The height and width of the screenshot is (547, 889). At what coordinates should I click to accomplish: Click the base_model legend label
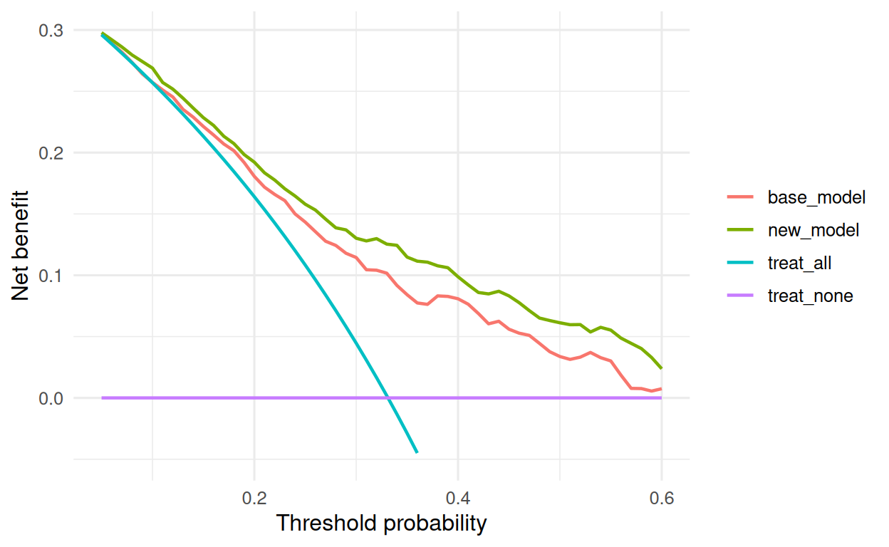[x=816, y=197]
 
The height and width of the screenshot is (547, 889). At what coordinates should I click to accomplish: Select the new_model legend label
[x=813, y=230]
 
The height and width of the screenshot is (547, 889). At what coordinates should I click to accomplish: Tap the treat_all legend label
[x=799, y=263]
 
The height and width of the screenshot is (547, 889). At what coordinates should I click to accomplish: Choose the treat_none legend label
[x=810, y=296]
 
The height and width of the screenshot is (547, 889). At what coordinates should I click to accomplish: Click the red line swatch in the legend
[x=740, y=197]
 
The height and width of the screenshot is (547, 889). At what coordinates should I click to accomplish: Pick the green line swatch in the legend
[x=740, y=230]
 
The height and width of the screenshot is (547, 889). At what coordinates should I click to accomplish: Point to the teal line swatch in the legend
[x=740, y=262]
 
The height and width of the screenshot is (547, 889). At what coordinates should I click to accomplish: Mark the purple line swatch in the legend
[x=740, y=296]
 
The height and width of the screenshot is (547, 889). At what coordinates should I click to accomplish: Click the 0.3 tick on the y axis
[x=51, y=31]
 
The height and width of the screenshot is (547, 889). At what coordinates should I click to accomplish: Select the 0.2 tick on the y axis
[x=51, y=153]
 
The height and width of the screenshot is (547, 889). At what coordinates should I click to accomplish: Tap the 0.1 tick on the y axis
[x=51, y=276]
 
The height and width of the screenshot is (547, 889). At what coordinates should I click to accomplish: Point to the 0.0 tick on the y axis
[x=51, y=399]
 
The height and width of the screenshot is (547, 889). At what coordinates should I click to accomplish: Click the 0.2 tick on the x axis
[x=254, y=498]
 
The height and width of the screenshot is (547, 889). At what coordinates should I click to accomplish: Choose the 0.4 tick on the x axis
[x=458, y=498]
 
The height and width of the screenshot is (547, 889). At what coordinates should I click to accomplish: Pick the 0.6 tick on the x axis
[x=662, y=498]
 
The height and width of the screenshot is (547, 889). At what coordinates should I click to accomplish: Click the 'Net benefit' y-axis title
[x=20, y=245]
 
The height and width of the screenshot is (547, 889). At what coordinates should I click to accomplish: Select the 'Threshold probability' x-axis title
[x=381, y=523]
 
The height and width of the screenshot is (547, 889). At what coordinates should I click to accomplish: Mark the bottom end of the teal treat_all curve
[x=417, y=452]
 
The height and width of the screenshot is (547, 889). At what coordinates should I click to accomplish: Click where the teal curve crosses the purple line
[x=388, y=397]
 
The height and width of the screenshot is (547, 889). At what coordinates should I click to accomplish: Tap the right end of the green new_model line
[x=661, y=368]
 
